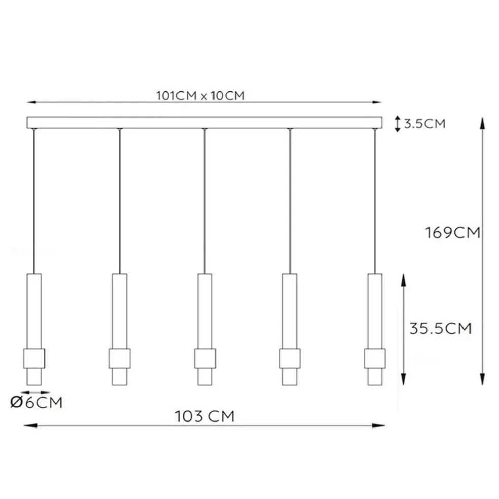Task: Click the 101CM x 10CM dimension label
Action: (x=200, y=95)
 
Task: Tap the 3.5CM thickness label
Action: (x=424, y=123)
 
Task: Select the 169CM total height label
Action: (x=452, y=233)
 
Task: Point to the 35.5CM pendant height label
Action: (x=440, y=328)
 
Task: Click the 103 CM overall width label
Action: (x=205, y=416)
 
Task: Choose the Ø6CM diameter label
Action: (x=37, y=402)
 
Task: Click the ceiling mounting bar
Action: (x=204, y=123)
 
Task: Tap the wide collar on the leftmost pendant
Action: (x=34, y=359)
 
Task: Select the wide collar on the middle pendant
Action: (x=205, y=359)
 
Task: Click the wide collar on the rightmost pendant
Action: (x=375, y=359)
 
